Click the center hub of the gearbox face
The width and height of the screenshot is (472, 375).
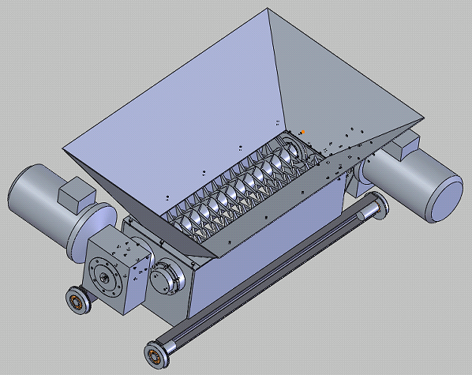[103, 277]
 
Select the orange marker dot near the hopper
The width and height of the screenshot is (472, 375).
[302, 131]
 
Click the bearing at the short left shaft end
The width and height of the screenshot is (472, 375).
[77, 301]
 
